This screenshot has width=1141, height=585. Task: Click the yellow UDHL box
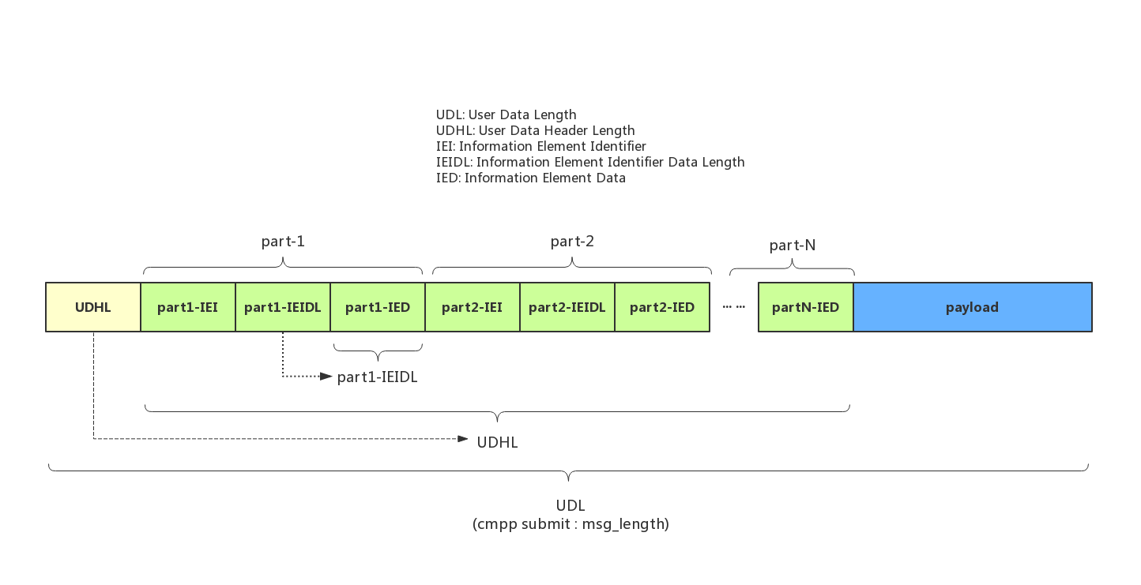click(x=93, y=307)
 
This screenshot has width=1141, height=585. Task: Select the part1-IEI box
click(x=188, y=307)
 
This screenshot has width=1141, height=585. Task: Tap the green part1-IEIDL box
click(x=283, y=307)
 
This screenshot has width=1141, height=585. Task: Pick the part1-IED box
click(x=378, y=307)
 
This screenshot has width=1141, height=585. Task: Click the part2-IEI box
click(x=473, y=307)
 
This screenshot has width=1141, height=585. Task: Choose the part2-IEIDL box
click(x=567, y=307)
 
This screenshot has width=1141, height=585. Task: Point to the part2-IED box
click(x=662, y=307)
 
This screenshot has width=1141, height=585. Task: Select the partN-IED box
click(x=806, y=307)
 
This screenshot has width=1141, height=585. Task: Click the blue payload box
click(x=973, y=307)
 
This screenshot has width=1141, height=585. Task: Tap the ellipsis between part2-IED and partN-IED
click(x=733, y=306)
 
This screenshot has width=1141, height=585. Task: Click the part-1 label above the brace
click(x=283, y=242)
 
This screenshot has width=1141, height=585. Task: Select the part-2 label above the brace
click(x=572, y=242)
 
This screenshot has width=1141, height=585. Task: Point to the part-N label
click(x=792, y=246)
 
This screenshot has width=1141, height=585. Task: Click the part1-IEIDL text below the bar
click(x=377, y=377)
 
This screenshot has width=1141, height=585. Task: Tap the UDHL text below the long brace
click(x=497, y=442)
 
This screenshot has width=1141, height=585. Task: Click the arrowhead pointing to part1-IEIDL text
click(x=326, y=377)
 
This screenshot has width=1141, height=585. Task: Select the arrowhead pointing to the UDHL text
click(x=463, y=438)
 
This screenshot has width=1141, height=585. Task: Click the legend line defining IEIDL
click(x=589, y=162)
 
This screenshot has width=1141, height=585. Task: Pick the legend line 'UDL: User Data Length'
click(x=506, y=114)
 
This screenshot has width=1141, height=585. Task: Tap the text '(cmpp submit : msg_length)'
click(x=570, y=524)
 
